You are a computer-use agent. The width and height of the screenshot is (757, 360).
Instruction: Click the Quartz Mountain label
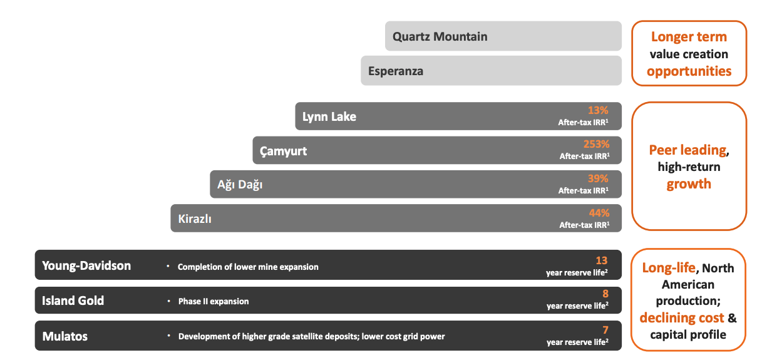click(x=440, y=36)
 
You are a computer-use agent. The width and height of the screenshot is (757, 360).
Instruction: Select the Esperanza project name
click(x=396, y=71)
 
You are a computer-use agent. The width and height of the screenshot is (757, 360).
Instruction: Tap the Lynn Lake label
click(x=329, y=116)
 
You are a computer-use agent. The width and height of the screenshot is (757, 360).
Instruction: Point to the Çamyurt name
click(x=284, y=151)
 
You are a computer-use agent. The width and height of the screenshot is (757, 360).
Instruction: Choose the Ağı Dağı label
click(x=240, y=185)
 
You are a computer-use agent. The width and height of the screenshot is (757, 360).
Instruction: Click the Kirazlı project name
click(x=195, y=219)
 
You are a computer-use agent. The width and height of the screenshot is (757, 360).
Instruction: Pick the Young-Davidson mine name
click(x=86, y=265)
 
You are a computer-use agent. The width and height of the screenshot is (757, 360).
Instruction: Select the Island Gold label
click(x=73, y=301)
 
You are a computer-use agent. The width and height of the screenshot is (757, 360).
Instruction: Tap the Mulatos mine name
click(x=65, y=336)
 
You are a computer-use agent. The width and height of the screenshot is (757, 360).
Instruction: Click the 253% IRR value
click(x=596, y=144)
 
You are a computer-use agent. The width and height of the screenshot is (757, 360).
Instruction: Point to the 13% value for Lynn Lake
click(x=598, y=110)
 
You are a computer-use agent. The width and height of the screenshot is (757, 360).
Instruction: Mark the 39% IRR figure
click(x=598, y=178)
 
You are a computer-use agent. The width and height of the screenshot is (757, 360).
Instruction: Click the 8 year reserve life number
click(x=605, y=294)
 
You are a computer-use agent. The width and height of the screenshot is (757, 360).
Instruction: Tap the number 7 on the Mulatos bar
click(x=605, y=329)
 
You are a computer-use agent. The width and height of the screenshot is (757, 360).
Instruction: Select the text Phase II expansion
click(x=214, y=301)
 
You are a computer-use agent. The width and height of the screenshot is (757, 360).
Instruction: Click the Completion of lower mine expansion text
click(x=248, y=267)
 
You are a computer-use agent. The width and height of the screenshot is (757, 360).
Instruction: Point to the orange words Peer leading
click(x=687, y=150)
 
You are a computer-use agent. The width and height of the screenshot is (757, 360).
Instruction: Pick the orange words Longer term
click(x=689, y=37)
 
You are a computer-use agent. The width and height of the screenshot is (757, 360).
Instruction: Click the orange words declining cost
click(x=682, y=317)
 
